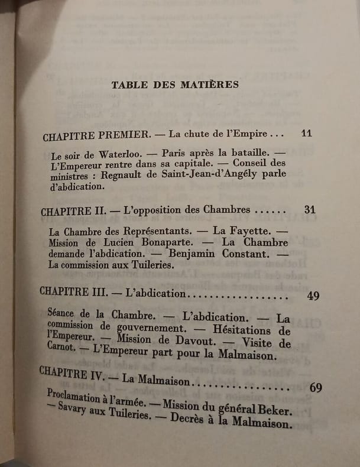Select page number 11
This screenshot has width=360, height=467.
[306, 132]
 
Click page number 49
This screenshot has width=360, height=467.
[313, 296]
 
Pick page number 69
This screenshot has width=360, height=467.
[316, 388]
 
